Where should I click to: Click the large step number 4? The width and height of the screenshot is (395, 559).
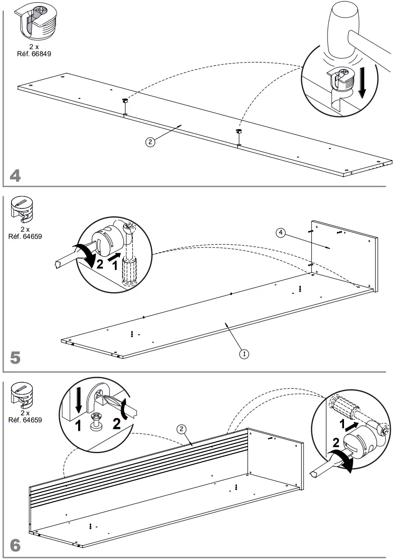click(15, 176)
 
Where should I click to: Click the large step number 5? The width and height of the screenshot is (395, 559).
click(15, 358)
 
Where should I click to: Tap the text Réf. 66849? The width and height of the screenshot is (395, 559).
click(34, 53)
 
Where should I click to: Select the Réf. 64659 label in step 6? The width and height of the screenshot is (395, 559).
click(25, 420)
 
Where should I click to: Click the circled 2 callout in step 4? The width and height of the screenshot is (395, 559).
click(150, 142)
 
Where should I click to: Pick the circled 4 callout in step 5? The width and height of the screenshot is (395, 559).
click(280, 233)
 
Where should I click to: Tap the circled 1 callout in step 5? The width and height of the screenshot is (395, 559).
click(244, 353)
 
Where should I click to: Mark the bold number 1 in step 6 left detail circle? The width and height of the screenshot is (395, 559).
click(79, 426)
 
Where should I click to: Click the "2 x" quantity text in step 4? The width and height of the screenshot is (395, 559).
click(34, 46)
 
